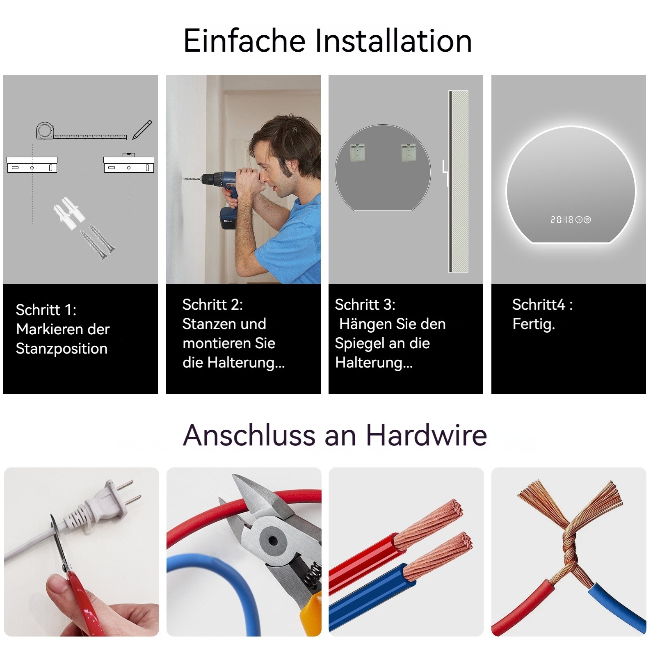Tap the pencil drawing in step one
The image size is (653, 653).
pos(142,130)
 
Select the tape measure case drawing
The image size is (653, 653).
pos(44,131)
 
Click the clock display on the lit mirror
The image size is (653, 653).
pos(562,220)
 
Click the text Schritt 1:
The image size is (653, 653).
pos(46,310)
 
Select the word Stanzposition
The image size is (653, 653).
pos(62,349)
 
